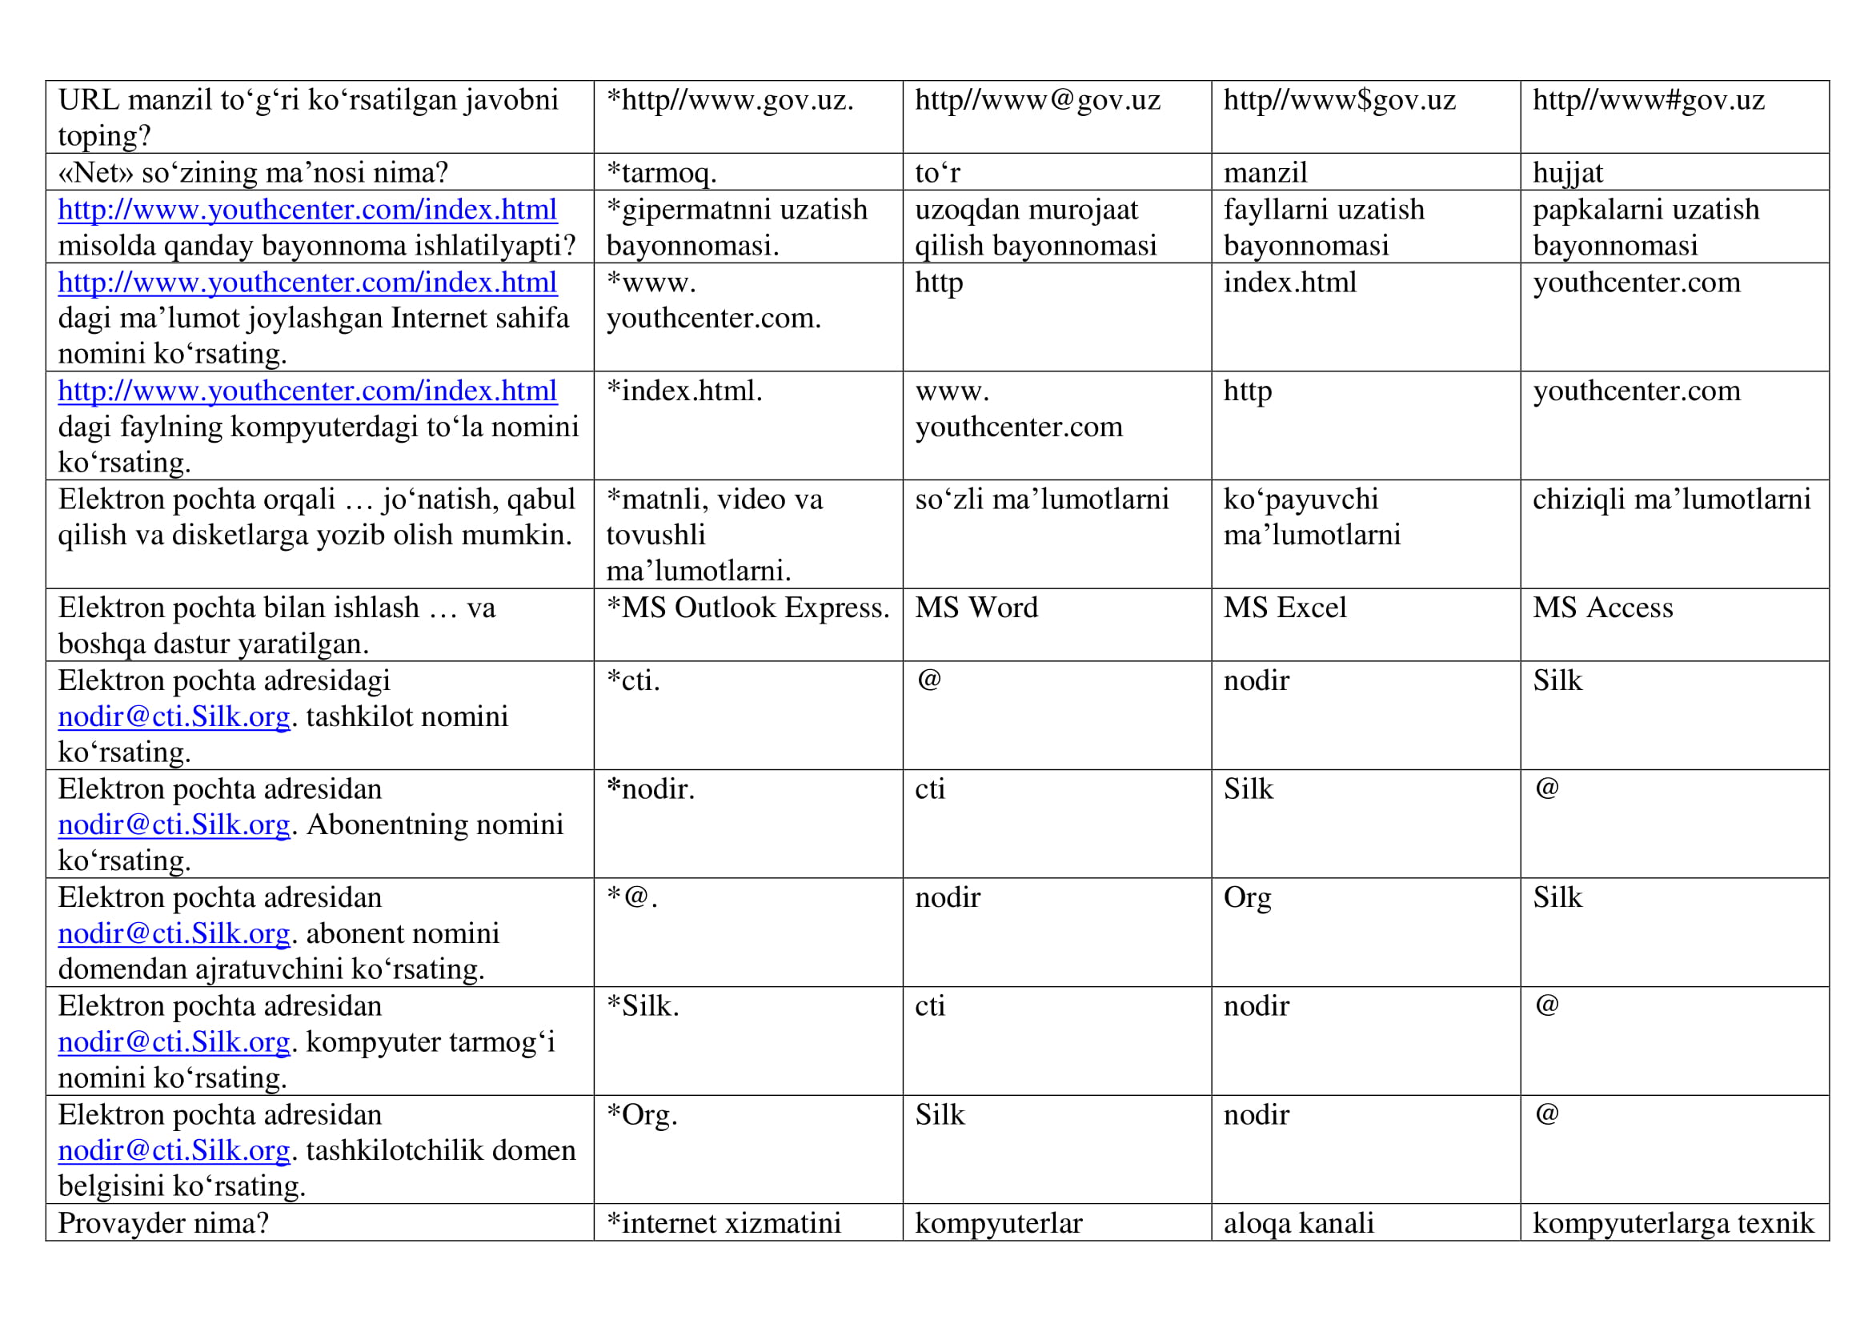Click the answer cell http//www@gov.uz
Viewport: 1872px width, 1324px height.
coord(1037,100)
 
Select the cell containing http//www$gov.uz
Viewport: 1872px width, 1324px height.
coord(1339,100)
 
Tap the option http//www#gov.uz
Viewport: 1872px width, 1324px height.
coord(1648,100)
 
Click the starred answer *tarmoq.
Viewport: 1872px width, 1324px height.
coord(661,173)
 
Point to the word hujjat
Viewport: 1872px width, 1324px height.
coord(1567,173)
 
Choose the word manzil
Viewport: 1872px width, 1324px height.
coord(1265,173)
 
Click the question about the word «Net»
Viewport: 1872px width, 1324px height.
coord(254,173)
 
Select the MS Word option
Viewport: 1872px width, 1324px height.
coord(976,608)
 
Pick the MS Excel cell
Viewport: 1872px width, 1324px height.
coord(1285,608)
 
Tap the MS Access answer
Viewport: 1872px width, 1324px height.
coord(1602,608)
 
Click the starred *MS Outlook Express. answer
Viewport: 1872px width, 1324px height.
coord(748,608)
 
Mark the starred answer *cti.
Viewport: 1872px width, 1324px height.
coord(634,680)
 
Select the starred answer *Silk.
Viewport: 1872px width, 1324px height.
coord(643,1006)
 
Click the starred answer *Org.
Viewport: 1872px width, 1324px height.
coord(642,1114)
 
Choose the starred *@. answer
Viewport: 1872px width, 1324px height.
coord(632,897)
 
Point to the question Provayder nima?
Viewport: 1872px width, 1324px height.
coord(163,1223)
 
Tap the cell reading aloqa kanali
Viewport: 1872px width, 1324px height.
coord(1298,1223)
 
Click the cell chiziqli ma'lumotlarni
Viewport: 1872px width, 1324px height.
coord(1670,500)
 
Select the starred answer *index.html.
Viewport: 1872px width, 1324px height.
coord(684,391)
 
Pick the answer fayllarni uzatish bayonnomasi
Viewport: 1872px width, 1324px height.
coord(1323,227)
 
